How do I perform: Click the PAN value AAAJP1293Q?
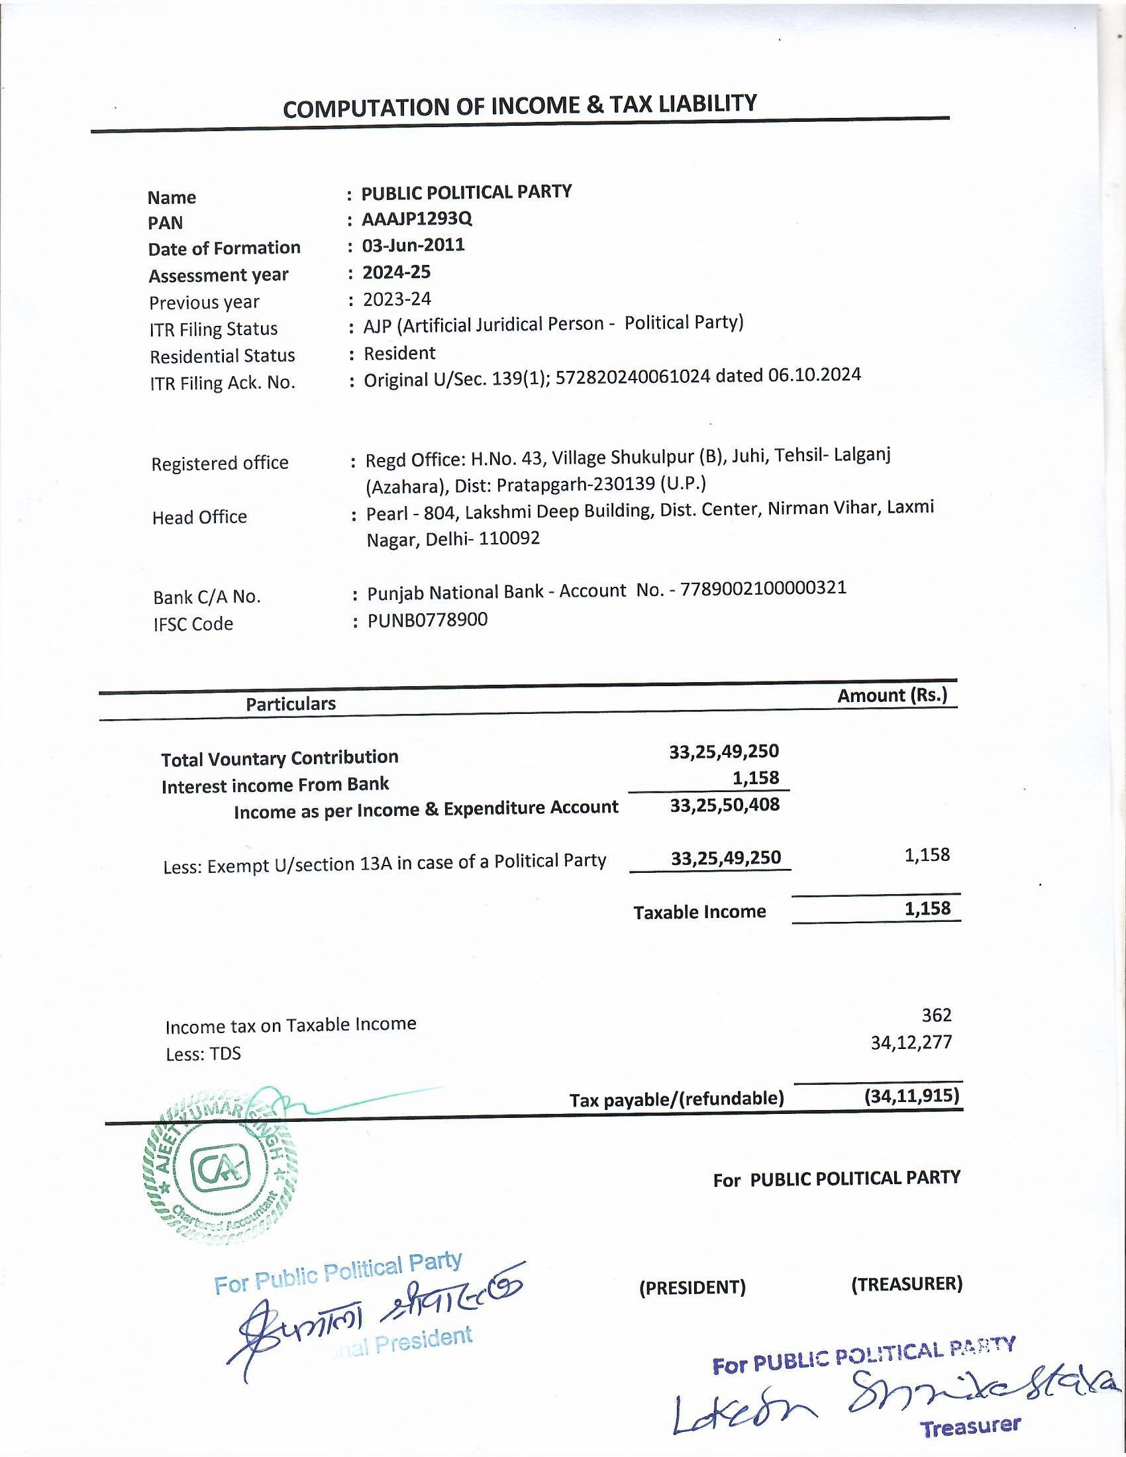point(417,219)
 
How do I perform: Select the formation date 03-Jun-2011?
point(413,245)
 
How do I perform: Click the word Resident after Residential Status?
point(399,353)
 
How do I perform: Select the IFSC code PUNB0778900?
point(428,620)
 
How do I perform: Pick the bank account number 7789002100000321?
point(763,588)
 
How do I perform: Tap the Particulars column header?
point(290,704)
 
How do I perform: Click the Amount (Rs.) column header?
point(892,696)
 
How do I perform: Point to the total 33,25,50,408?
point(725,805)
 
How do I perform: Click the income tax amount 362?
point(936,1015)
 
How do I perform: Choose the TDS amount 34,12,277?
point(911,1042)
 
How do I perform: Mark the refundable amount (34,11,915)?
point(911,1095)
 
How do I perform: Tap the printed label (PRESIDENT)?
point(691,1287)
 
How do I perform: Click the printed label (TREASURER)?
point(907,1283)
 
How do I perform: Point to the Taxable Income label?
point(699,912)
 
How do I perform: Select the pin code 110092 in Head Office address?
point(509,538)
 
